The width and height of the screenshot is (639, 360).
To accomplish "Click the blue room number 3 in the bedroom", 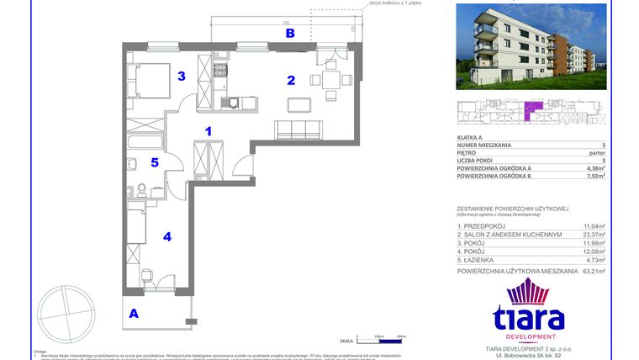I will [x=181, y=77].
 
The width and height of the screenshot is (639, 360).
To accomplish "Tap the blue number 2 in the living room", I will [x=291, y=81].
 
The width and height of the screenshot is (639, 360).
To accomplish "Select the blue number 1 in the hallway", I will [x=209, y=130].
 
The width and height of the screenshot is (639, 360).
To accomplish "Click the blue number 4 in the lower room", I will [x=166, y=237].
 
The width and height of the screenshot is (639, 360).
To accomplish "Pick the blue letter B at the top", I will [x=289, y=34].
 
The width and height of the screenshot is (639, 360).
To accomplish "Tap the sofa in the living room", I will [x=298, y=130].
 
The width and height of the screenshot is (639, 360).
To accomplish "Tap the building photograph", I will [x=531, y=46].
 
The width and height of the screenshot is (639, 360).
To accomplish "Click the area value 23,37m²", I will [x=594, y=236].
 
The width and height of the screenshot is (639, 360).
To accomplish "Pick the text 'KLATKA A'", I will [x=470, y=136].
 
